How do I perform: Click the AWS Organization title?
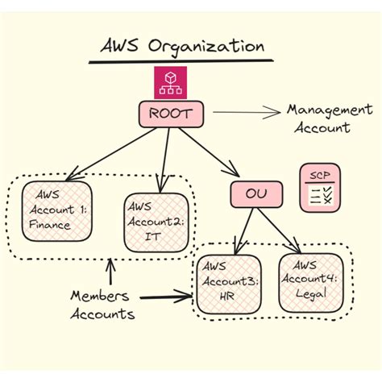pos(182,45)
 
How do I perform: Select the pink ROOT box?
pos(171,114)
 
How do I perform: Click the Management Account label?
pos(329,118)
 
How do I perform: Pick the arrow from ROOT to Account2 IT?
pos(166,153)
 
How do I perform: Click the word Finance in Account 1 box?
pos(49,225)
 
